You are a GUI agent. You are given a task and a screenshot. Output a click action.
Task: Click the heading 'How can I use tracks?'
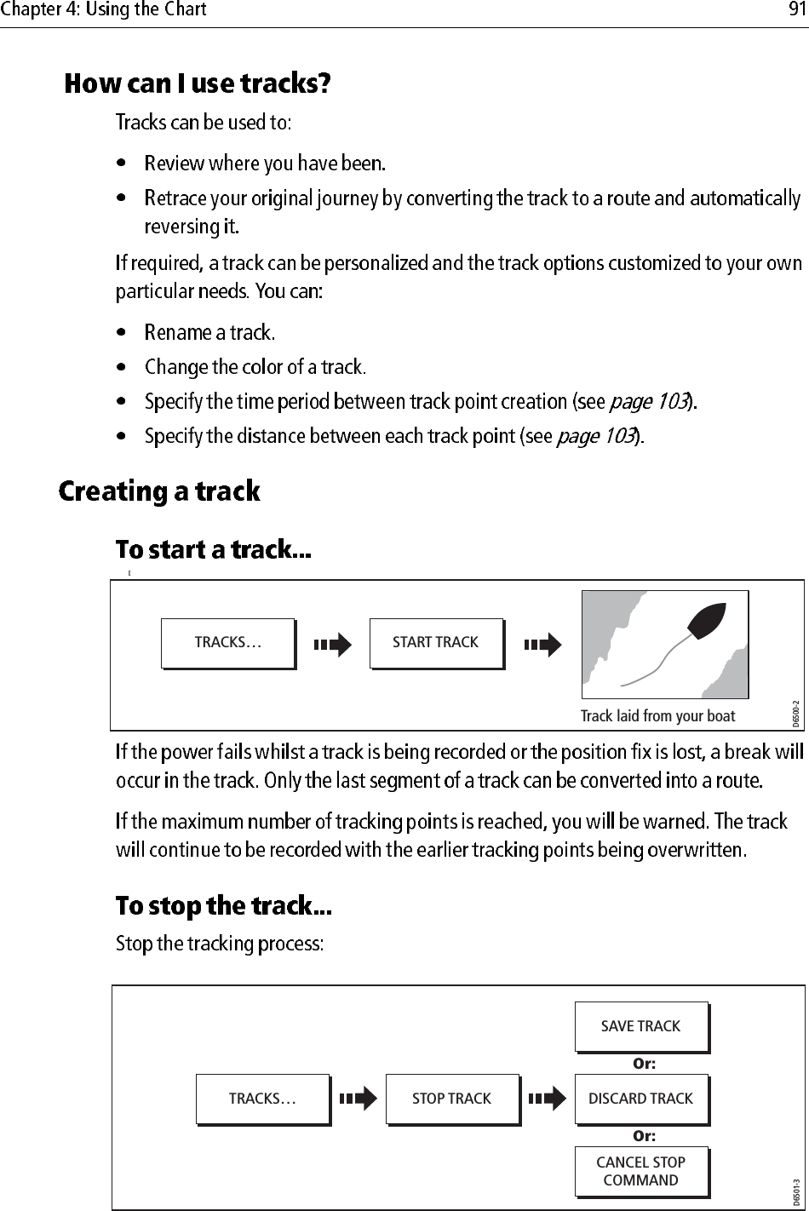click(198, 84)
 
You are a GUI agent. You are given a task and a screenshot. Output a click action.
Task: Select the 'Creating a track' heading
click(159, 492)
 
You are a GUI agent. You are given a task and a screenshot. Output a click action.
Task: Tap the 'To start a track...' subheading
click(214, 550)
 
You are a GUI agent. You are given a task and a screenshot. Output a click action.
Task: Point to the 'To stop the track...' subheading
click(223, 906)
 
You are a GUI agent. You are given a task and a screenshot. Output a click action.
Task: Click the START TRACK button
click(436, 643)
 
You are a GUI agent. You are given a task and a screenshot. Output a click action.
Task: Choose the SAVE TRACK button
click(640, 1027)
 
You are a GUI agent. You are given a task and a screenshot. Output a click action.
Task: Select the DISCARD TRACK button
click(640, 1099)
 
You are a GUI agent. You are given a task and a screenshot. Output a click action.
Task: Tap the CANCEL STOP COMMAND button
click(640, 1172)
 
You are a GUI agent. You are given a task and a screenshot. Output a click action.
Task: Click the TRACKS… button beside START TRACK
click(227, 643)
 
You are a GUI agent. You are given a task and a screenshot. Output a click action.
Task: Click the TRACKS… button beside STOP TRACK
click(262, 1099)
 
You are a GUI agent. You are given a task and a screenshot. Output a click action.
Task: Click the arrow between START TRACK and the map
click(542, 645)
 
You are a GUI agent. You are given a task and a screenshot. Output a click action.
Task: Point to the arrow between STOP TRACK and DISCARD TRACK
click(546, 1099)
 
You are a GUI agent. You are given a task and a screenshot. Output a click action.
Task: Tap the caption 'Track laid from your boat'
click(657, 716)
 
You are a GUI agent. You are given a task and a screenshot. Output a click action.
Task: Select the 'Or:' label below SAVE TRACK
click(644, 1064)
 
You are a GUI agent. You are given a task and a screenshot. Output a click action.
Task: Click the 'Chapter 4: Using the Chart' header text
click(103, 11)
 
